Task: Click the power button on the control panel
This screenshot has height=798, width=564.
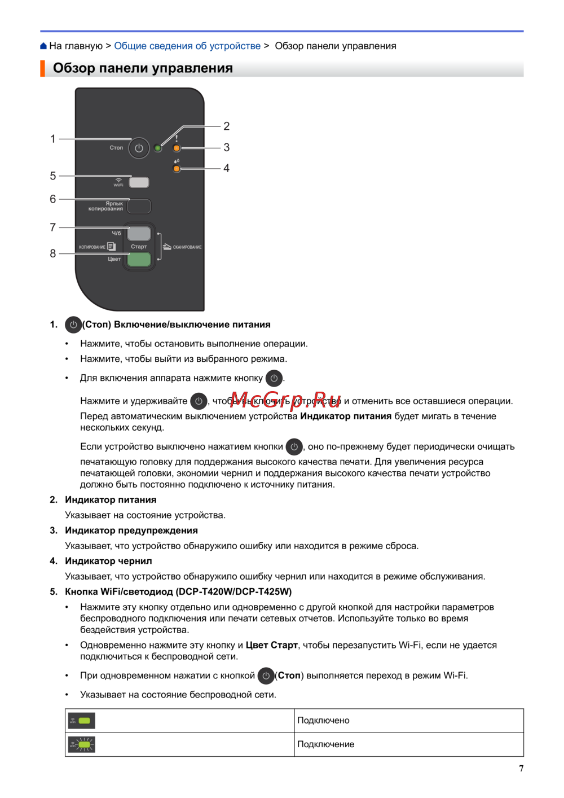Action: pos(139,148)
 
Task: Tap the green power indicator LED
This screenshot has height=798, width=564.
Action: pos(158,148)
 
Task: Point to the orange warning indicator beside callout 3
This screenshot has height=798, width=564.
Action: pos(177,148)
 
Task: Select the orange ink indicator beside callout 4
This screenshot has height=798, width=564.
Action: pos(177,168)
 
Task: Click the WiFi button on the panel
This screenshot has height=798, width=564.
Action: pos(139,182)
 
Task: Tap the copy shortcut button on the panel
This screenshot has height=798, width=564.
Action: pos(139,206)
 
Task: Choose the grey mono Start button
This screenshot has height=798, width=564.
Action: pos(139,233)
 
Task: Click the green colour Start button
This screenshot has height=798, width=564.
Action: pos(139,259)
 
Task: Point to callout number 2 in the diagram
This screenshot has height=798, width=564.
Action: pos(226,126)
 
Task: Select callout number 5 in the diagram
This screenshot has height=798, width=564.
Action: pos(53,176)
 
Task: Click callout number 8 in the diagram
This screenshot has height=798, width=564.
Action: pos(53,253)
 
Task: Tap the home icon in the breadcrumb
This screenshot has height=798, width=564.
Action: pos(43,46)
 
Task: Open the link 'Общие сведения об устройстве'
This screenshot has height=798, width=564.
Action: pos(187,46)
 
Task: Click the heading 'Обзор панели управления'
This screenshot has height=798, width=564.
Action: pos(143,68)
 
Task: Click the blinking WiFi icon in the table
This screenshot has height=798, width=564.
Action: pos(82,744)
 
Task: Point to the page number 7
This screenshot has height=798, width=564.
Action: pos(521,768)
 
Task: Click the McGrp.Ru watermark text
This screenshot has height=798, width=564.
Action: pos(286,399)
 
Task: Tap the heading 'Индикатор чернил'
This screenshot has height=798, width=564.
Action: pos(108,561)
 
